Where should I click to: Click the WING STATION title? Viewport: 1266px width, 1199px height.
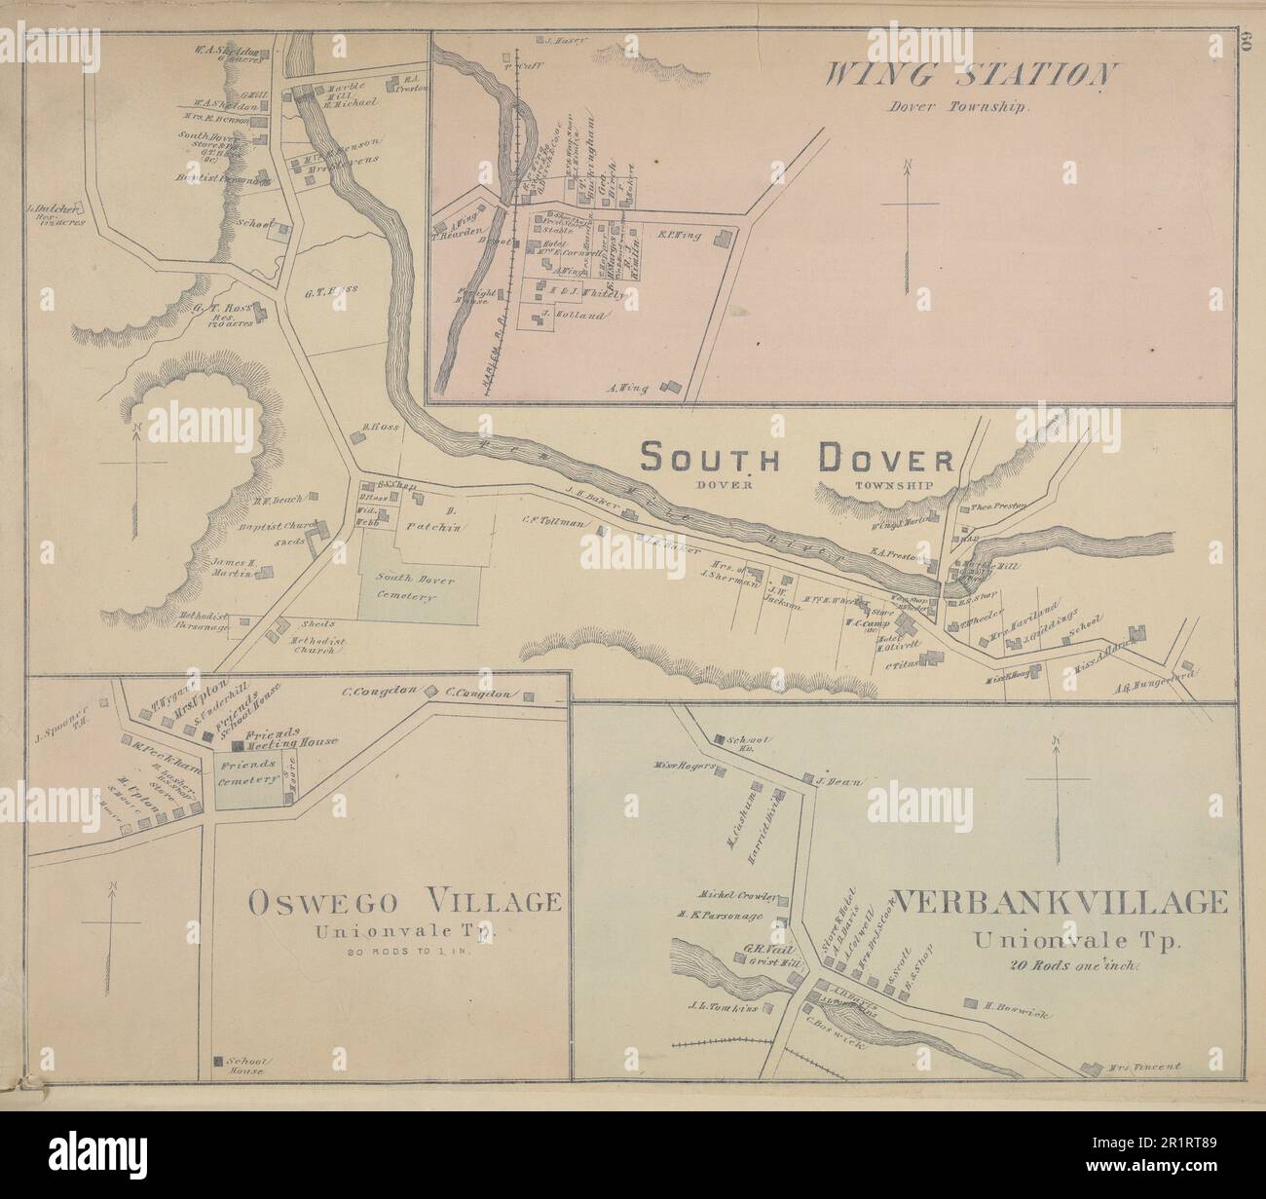[970, 76]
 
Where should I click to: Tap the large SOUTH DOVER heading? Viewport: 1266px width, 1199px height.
[797, 458]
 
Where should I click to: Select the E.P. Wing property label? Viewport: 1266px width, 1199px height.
[674, 234]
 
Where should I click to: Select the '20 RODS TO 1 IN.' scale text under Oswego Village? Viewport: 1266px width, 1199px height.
[405, 952]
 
